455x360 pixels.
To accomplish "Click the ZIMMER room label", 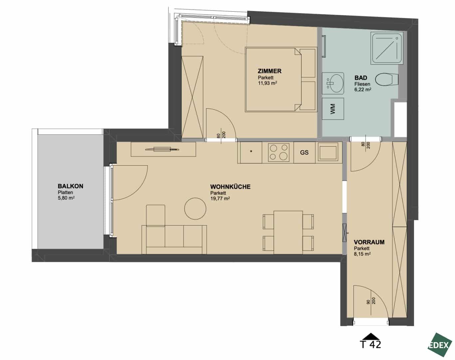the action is (x=270, y=71).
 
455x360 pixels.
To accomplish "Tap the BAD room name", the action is (x=361, y=78).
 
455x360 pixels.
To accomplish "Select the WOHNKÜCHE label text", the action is (x=230, y=187).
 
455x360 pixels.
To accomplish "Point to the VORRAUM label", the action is (x=369, y=242).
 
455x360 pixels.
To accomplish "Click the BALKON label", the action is (x=71, y=186).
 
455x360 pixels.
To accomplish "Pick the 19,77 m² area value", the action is (x=220, y=198).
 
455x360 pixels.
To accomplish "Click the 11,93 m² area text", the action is (x=268, y=83).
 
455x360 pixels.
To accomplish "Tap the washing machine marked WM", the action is (x=333, y=109).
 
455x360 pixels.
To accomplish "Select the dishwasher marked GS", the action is (x=305, y=152).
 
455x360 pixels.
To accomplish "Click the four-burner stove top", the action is (x=278, y=152).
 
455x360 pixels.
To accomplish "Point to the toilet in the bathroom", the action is (x=387, y=79).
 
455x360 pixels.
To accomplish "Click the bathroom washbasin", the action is (x=333, y=83).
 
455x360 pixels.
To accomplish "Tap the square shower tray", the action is (x=387, y=48).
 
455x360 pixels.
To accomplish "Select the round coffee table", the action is (x=195, y=209).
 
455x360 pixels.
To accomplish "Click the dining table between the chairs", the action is (x=288, y=232).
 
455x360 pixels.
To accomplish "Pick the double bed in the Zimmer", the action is (x=281, y=79).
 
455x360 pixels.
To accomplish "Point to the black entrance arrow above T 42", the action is (x=371, y=336).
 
